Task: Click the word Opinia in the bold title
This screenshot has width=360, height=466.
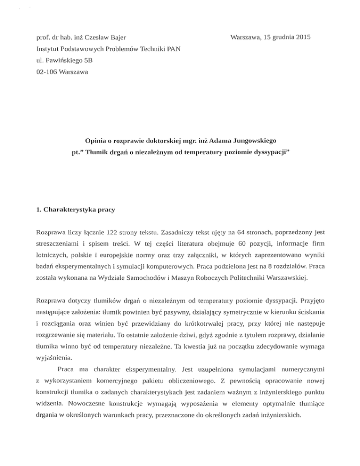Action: click(x=96, y=141)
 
